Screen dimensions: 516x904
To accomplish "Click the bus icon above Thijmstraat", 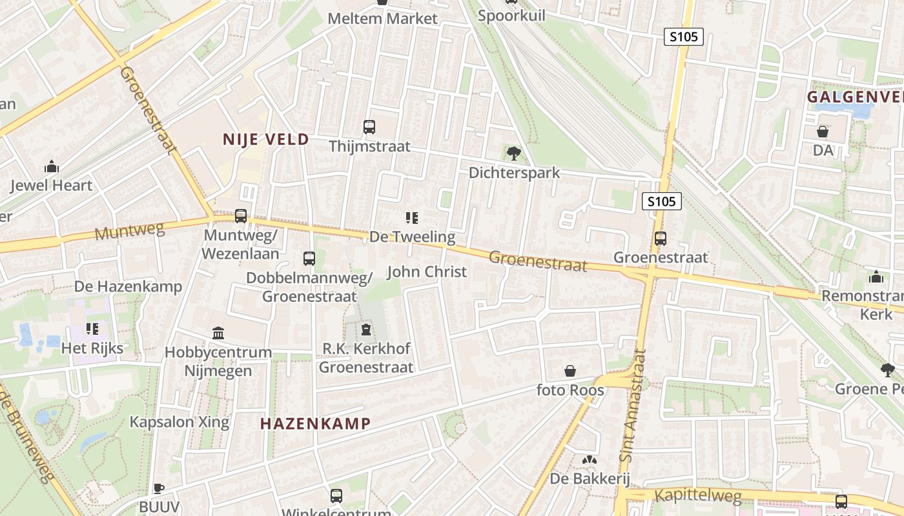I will pos(369,127).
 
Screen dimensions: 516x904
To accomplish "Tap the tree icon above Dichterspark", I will pos(514,154).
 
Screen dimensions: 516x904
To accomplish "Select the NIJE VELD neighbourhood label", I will pos(265,139).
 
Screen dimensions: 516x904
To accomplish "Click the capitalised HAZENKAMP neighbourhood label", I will pos(315,424).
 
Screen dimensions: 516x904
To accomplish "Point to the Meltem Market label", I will pos(382,19).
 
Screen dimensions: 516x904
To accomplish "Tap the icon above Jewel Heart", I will pos(52,167).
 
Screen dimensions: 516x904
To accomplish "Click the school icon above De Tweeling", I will pos(412,218).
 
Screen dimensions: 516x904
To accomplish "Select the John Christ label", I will pos(426,272).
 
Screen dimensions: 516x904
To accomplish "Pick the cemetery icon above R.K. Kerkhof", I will pos(366,330).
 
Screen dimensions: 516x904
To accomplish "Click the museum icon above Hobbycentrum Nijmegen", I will pos(218,333).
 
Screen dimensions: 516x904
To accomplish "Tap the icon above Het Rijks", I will pos(92,329).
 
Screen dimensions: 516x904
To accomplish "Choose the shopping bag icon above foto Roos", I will pos(570,371).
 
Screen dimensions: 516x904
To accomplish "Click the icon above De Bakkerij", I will pos(589,460).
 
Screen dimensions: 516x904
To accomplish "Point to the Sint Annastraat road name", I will pos(632,406).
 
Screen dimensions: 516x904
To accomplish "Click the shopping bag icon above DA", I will pos(823,132).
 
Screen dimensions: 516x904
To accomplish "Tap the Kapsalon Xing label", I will pos(180,422).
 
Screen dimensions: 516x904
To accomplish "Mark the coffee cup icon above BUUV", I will pos(159,488).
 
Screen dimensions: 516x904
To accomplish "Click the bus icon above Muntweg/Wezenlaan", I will pos(241,216).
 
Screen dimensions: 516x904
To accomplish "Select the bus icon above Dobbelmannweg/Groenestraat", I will pos(309,259).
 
